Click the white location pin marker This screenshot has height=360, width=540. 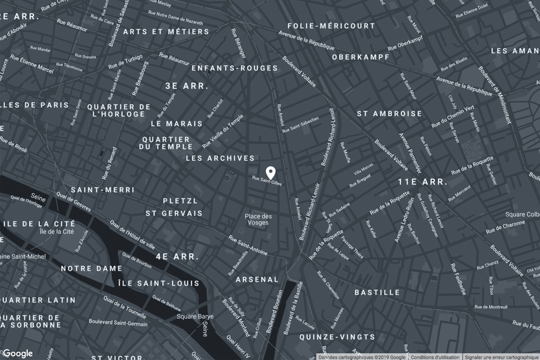coord(270,172)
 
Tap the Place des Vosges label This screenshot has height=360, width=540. coord(258,220)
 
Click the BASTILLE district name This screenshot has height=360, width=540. coord(377,292)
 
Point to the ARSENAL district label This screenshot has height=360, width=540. coord(257,279)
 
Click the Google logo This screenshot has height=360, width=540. coord(18,354)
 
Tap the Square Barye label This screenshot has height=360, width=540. coord(195,316)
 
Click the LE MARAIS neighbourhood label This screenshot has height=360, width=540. coord(176,124)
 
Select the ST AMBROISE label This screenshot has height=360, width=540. coord(389,113)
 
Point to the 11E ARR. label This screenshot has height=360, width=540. coord(422,182)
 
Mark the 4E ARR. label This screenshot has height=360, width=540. coord(177,257)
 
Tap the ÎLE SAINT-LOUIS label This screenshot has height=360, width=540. coord(159,283)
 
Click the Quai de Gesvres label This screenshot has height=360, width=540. coord(74,202)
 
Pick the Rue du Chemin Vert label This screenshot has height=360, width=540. coord(452,116)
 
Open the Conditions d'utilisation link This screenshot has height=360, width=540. coord(435,357)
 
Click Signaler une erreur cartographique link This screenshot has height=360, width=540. coord(501,357)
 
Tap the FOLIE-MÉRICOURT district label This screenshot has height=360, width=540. coord(331,26)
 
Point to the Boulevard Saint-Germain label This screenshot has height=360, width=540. coord(118,324)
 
